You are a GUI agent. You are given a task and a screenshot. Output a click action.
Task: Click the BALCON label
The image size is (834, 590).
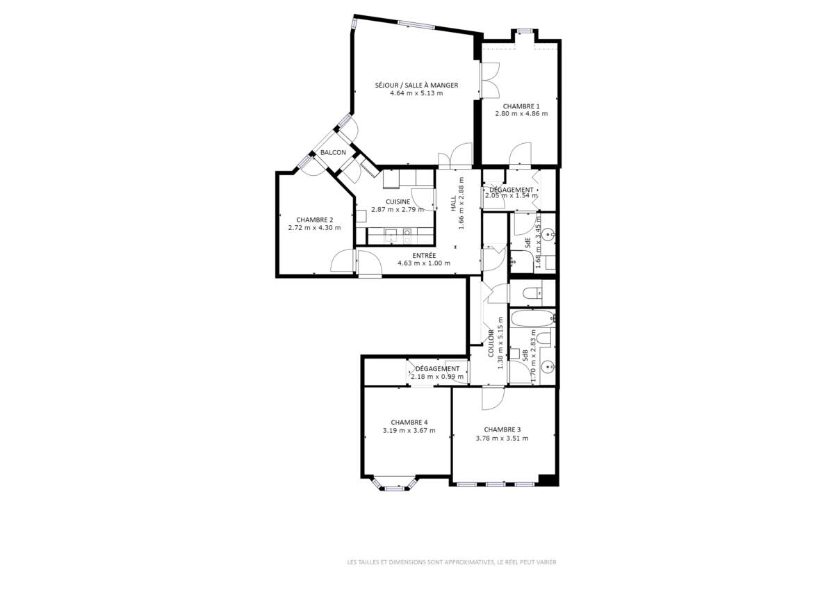point(333,152)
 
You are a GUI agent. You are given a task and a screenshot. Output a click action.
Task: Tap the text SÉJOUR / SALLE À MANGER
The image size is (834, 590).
point(416,85)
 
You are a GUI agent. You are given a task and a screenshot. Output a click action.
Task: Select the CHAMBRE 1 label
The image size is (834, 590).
point(521,106)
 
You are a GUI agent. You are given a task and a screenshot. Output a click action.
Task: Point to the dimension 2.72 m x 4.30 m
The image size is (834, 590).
point(314,228)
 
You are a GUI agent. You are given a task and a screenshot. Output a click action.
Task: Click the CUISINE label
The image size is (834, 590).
point(398,202)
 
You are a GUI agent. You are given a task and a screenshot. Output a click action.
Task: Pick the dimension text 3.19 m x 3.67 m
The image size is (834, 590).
point(409,431)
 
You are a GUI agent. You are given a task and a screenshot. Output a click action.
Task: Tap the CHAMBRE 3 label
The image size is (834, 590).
point(502,429)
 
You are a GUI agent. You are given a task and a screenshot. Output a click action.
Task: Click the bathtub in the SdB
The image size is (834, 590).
point(533,319)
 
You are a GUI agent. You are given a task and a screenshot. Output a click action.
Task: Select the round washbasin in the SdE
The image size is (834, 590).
point(549,234)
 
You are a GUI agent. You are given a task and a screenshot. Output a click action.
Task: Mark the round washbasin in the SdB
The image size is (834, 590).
point(549,367)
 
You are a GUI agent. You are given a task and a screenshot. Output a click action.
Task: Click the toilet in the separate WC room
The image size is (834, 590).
point(532,294)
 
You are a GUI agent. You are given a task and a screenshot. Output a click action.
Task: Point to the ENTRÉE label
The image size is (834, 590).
point(424,256)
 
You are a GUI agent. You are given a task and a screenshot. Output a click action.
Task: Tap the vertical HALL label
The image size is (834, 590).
point(453,204)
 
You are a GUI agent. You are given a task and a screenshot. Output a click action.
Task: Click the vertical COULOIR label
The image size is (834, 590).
point(491,343)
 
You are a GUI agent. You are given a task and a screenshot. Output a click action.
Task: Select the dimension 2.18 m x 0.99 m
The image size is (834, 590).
point(437,377)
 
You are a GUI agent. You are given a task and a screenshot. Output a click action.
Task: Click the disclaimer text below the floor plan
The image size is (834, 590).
point(452,562)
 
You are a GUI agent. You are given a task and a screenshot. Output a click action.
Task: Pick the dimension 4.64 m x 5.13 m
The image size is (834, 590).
point(416,93)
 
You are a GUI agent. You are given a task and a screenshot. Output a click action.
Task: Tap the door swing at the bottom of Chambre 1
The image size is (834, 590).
point(520,154)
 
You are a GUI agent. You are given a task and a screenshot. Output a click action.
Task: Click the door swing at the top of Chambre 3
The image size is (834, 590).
point(493,399)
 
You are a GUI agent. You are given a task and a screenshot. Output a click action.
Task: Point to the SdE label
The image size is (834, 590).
point(528,243)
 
